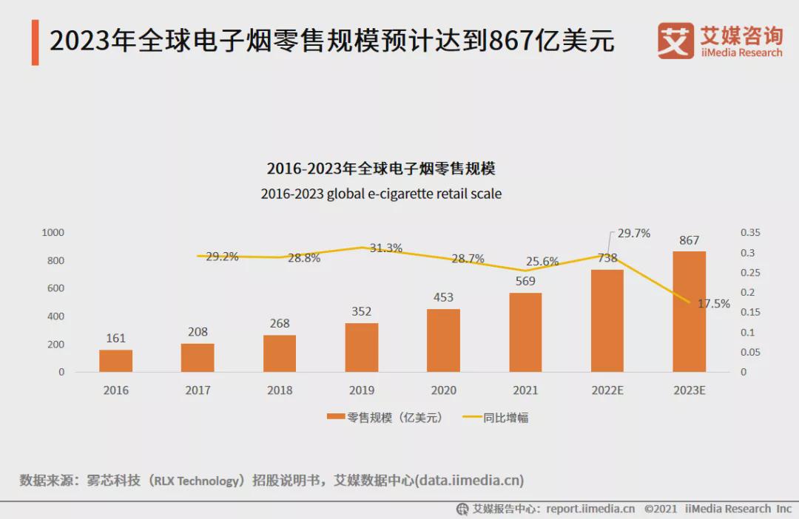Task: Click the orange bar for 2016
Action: click(x=115, y=361)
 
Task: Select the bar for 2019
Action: click(x=361, y=347)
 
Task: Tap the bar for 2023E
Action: click(x=689, y=311)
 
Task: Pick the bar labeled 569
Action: click(x=525, y=332)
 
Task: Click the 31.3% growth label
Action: click(x=385, y=248)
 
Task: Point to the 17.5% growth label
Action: click(x=714, y=303)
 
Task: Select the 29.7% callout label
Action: click(x=634, y=234)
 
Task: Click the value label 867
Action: click(x=689, y=240)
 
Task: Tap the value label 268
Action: click(x=280, y=324)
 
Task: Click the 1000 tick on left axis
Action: click(x=53, y=232)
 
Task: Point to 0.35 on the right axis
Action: click(x=750, y=232)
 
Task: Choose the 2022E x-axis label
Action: click(x=607, y=390)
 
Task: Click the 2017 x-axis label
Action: click(x=198, y=390)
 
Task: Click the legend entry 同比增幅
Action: click(x=496, y=418)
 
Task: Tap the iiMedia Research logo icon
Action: click(x=675, y=41)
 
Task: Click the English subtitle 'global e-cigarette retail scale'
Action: click(x=414, y=194)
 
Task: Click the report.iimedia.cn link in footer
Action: click(x=590, y=509)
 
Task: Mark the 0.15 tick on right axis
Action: click(x=750, y=312)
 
